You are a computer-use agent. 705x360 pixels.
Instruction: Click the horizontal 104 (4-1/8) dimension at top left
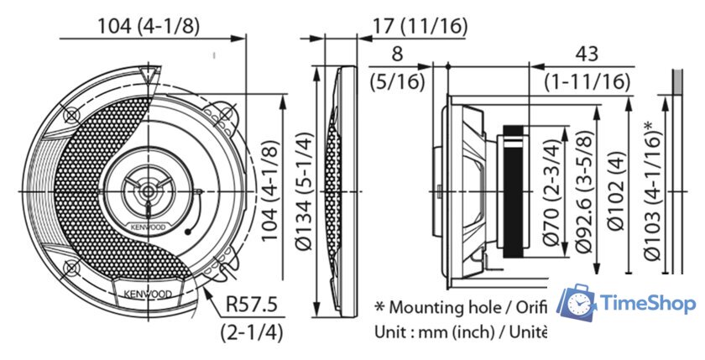tap(149, 25)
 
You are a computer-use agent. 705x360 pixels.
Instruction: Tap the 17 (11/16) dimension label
tap(419, 25)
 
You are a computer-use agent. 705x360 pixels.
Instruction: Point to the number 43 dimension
tap(587, 55)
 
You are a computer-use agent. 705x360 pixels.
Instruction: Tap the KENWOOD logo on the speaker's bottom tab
tap(149, 295)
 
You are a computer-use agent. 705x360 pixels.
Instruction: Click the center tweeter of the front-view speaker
tap(148, 190)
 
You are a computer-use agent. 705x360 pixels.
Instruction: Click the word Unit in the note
tap(389, 331)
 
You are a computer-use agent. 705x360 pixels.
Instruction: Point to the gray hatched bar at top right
tap(676, 82)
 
